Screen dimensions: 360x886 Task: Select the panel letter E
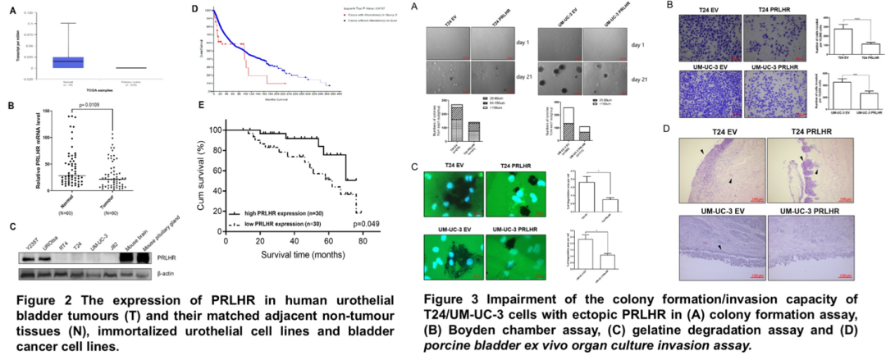click(202, 105)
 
